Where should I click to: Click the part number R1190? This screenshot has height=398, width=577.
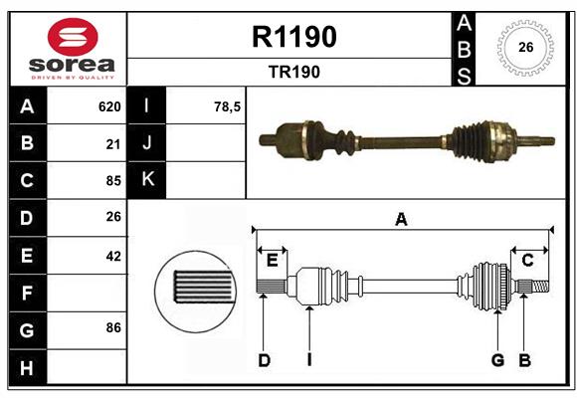pyautogui.click(x=294, y=37)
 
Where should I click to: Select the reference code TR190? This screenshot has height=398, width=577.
pyautogui.click(x=294, y=72)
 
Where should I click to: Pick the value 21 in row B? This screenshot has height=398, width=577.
pyautogui.click(x=112, y=143)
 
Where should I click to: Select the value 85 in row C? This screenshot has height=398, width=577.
pyautogui.click(x=112, y=181)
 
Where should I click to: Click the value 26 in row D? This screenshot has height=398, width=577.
pyautogui.click(x=112, y=218)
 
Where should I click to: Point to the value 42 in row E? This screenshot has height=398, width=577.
pyautogui.click(x=112, y=256)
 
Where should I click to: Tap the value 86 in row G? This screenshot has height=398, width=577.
pyautogui.click(x=112, y=327)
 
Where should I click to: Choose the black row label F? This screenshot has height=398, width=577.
pyautogui.click(x=27, y=294)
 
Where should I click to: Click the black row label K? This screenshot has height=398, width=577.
pyautogui.click(x=147, y=180)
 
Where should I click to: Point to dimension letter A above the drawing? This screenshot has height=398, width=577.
pyautogui.click(x=401, y=220)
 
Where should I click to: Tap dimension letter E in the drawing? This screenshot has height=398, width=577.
pyautogui.click(x=272, y=261)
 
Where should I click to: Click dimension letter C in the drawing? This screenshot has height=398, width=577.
pyautogui.click(x=528, y=261)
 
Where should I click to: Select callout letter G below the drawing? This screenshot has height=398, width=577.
pyautogui.click(x=496, y=360)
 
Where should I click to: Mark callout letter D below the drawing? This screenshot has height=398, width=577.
pyautogui.click(x=264, y=360)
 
